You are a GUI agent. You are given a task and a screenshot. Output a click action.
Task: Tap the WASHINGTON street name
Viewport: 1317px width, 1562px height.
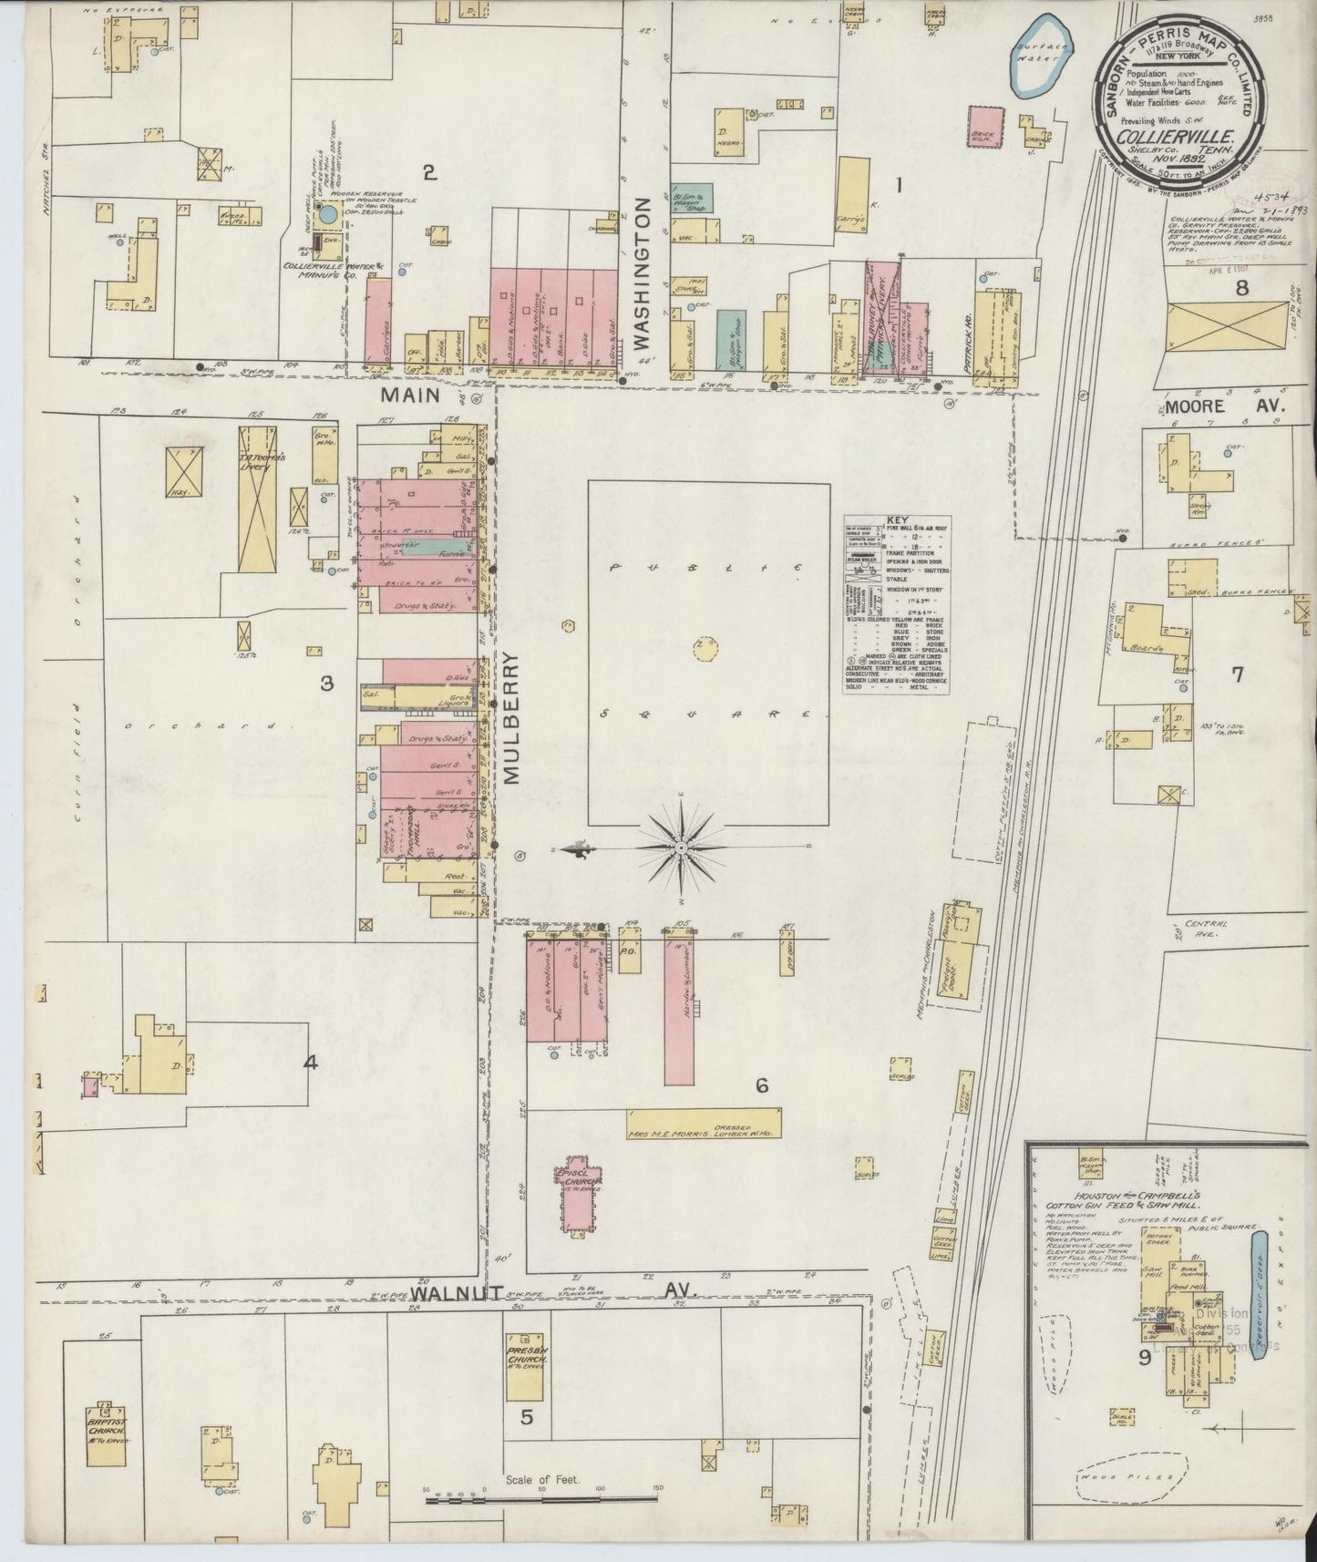[643, 273]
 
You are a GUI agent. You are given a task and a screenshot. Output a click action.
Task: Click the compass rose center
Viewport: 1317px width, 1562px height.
[682, 848]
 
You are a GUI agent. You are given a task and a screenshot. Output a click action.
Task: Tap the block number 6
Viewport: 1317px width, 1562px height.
[761, 1085]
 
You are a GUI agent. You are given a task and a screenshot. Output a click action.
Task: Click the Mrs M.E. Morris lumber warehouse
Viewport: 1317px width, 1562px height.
[704, 1122]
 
